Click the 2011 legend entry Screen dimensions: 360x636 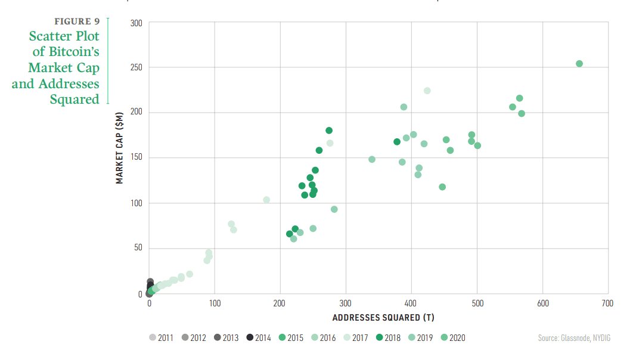[161, 338]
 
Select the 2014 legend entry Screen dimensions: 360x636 [258, 338]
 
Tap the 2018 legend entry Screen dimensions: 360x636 [388, 338]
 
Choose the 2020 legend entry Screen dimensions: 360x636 [452, 338]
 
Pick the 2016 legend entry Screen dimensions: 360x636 [323, 338]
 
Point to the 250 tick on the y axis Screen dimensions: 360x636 [137, 67]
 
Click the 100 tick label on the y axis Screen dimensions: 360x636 [137, 203]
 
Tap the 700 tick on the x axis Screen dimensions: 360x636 [607, 304]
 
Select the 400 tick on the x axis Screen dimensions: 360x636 [411, 304]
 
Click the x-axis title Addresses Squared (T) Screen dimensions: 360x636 [379, 317]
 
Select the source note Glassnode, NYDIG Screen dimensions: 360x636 [574, 338]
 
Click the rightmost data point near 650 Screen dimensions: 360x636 [579, 64]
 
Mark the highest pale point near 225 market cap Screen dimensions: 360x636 [427, 91]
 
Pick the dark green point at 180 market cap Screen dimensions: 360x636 [329, 131]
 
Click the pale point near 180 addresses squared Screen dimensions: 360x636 [266, 200]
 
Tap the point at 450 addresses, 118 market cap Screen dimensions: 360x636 [442, 187]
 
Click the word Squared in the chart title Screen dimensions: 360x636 [75, 99]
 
